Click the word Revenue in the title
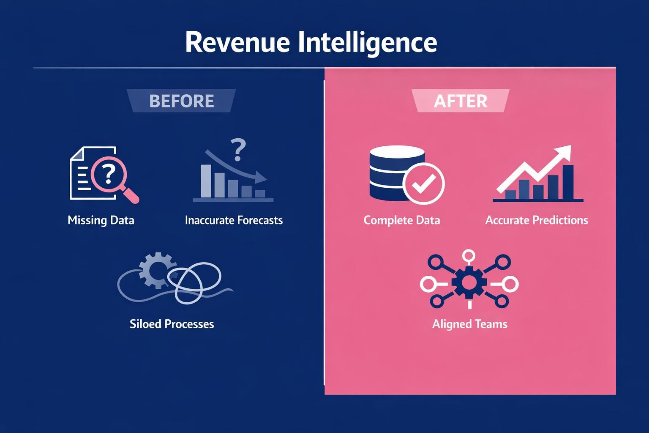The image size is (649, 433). [237, 42]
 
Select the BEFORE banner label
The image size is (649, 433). [182, 101]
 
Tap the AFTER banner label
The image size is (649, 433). [461, 101]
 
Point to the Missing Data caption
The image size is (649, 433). [101, 220]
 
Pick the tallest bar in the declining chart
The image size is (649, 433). [206, 181]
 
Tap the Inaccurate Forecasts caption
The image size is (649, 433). [234, 220]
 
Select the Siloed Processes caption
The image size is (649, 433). [172, 324]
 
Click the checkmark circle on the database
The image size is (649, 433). [423, 184]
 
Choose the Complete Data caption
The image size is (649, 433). [402, 220]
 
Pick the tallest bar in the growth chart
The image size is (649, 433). [568, 182]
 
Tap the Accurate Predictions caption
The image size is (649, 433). [537, 220]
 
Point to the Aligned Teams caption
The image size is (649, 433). [470, 324]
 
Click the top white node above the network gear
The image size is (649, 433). [469, 255]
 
